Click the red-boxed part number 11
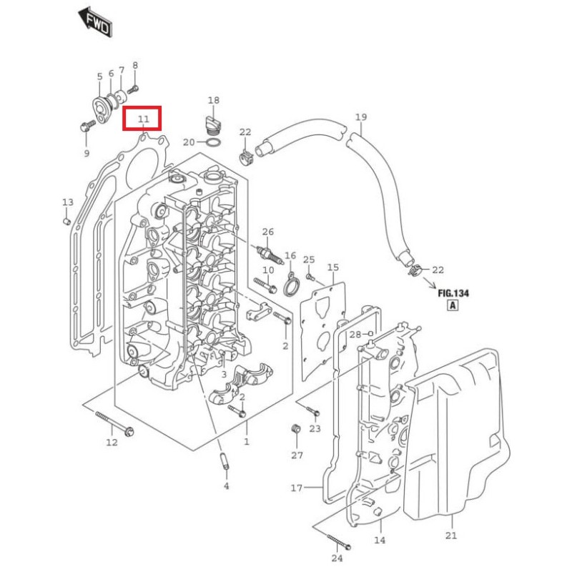tap(143, 119)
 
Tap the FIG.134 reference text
tap(453, 292)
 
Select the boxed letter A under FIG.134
tap(452, 306)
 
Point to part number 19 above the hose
tap(360, 117)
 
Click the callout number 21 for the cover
tap(450, 535)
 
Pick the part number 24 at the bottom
tap(337, 558)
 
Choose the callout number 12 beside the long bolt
tap(112, 443)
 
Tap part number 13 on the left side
tap(67, 202)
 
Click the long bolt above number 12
tap(114, 423)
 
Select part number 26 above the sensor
tap(267, 232)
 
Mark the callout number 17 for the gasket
tap(297, 489)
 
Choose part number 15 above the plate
tap(333, 267)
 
